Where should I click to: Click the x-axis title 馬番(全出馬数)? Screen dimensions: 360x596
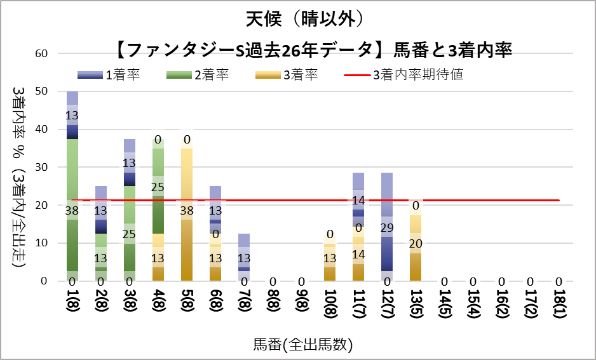point(302,345)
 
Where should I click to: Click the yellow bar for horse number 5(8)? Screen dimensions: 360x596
point(187,241)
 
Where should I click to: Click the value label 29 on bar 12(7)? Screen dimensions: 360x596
point(388,227)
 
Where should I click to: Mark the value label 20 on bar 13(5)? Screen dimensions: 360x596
point(416,243)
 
